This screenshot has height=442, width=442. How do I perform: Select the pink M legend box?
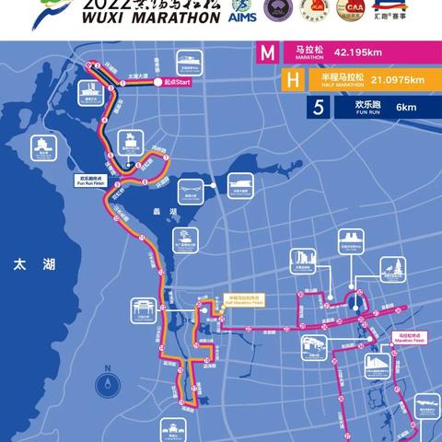268,53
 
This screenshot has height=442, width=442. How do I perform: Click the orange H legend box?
268,81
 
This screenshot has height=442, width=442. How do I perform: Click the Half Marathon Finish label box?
244,300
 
